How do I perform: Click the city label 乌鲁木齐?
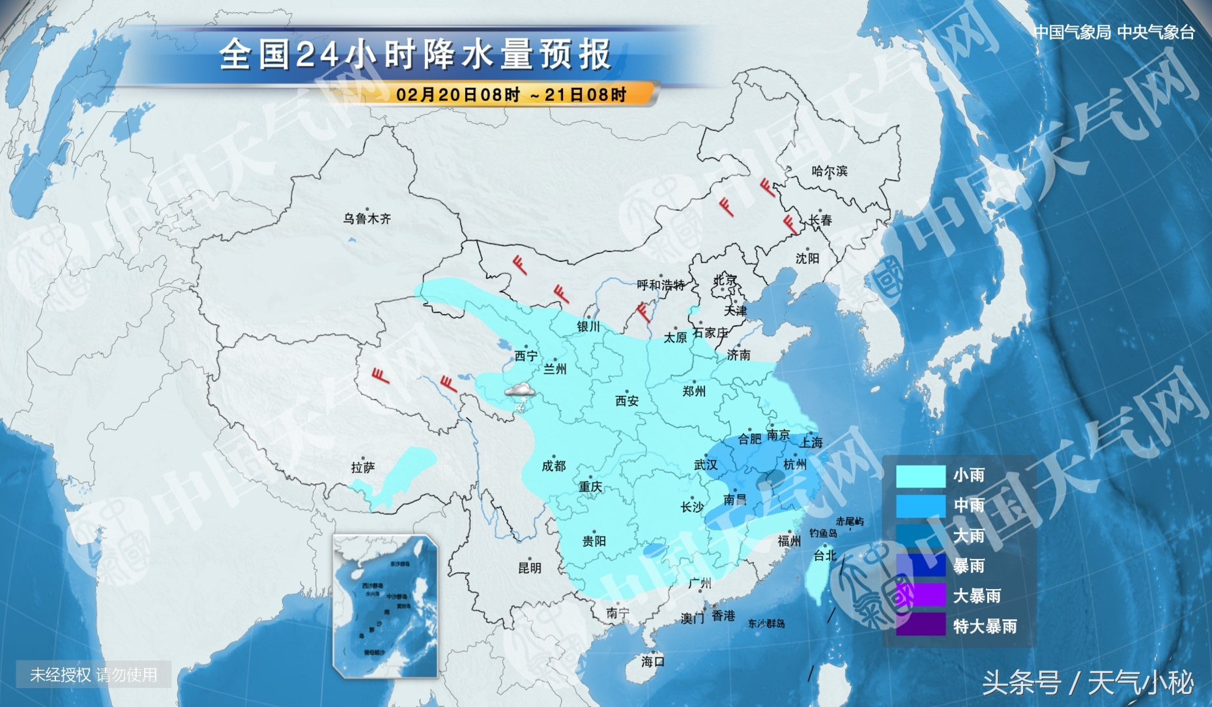click(x=367, y=219)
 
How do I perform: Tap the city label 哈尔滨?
click(x=829, y=171)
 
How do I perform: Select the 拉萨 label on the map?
click(x=362, y=468)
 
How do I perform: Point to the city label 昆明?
click(x=529, y=568)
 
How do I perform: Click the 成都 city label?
click(x=553, y=466)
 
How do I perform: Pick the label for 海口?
click(x=652, y=661)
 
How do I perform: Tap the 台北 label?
click(x=824, y=555)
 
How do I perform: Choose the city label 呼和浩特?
click(x=660, y=285)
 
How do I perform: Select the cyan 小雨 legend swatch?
click(x=920, y=476)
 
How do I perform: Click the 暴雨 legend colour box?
click(x=920, y=565)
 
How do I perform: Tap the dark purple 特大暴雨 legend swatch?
click(x=920, y=626)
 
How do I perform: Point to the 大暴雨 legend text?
click(x=976, y=596)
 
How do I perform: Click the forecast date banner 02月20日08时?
click(x=511, y=95)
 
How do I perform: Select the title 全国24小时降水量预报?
click(x=415, y=54)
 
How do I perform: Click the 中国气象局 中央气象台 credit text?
click(x=1114, y=32)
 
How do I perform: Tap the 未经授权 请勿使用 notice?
click(x=94, y=674)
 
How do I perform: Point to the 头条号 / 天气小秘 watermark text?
click(x=1088, y=682)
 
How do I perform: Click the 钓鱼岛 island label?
click(x=823, y=533)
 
